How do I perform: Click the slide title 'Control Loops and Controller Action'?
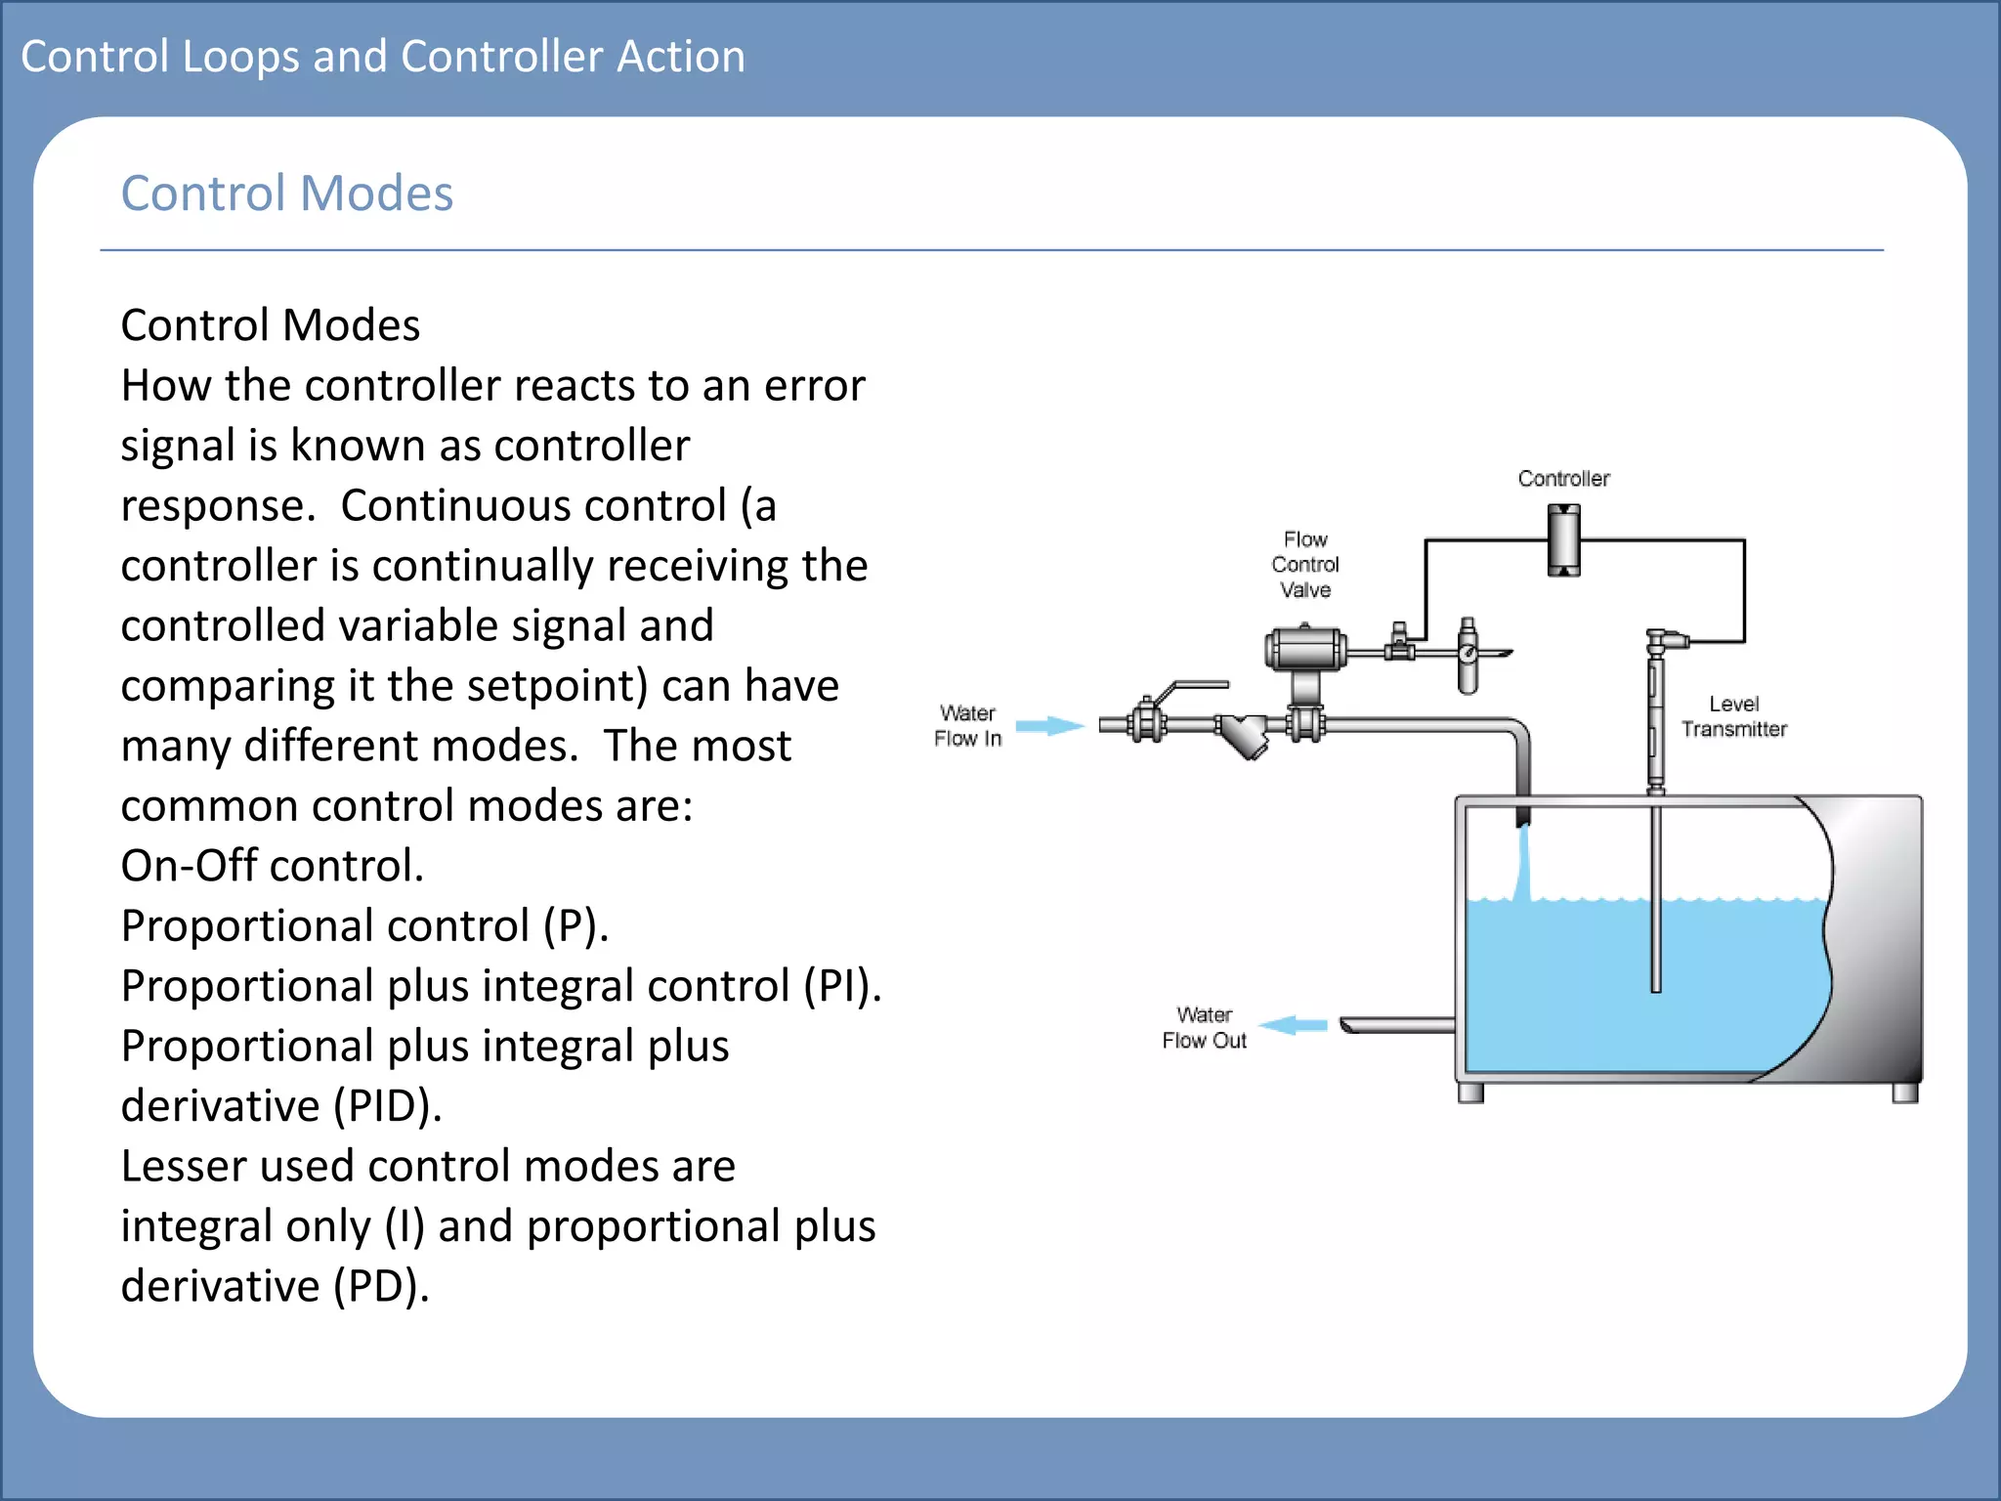[382, 57]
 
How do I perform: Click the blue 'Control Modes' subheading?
[286, 193]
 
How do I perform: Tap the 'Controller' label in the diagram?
[1563, 478]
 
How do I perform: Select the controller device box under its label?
[1563, 540]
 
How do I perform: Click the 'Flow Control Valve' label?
[1305, 565]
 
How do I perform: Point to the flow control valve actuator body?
[1305, 649]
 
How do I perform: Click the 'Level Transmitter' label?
[1733, 716]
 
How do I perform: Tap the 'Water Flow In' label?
[967, 725]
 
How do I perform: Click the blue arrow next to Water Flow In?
[1049, 725]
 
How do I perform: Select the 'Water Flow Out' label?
[1204, 1027]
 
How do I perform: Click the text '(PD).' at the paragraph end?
[381, 1286]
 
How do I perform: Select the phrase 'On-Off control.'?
[272, 866]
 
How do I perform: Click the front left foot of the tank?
[1470, 1093]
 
